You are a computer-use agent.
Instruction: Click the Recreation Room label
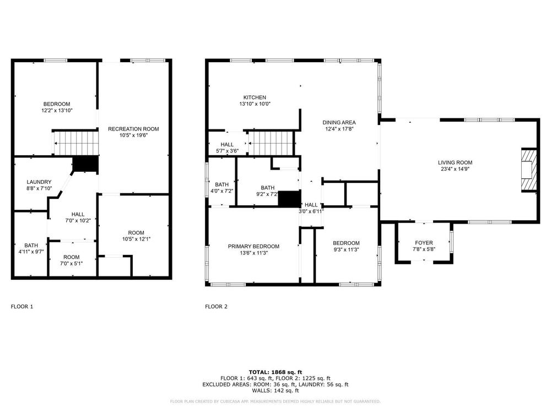click(133, 129)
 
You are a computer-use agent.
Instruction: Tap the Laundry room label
click(39, 182)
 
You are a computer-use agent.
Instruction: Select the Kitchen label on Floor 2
click(255, 97)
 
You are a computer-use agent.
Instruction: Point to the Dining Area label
click(339, 123)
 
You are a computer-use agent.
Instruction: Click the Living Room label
click(455, 162)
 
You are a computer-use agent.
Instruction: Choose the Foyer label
click(424, 243)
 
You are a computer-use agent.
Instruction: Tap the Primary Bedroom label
click(253, 247)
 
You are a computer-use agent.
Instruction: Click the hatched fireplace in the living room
click(529, 170)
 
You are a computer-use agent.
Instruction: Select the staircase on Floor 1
click(76, 143)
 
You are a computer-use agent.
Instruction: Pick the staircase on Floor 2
click(271, 143)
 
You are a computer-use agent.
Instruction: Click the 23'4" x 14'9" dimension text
click(455, 169)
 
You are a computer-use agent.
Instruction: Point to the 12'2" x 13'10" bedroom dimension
click(57, 110)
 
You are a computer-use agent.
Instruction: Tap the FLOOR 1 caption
click(22, 307)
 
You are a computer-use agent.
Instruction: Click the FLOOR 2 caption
click(216, 307)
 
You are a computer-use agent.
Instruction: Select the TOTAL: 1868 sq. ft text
click(275, 372)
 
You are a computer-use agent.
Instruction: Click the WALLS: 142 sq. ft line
click(275, 390)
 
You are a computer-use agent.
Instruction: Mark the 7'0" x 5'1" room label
click(71, 263)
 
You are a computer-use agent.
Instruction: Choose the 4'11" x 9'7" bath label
click(31, 252)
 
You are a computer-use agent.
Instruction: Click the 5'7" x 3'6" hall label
click(228, 151)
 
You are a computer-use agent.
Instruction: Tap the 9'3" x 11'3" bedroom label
click(346, 249)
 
